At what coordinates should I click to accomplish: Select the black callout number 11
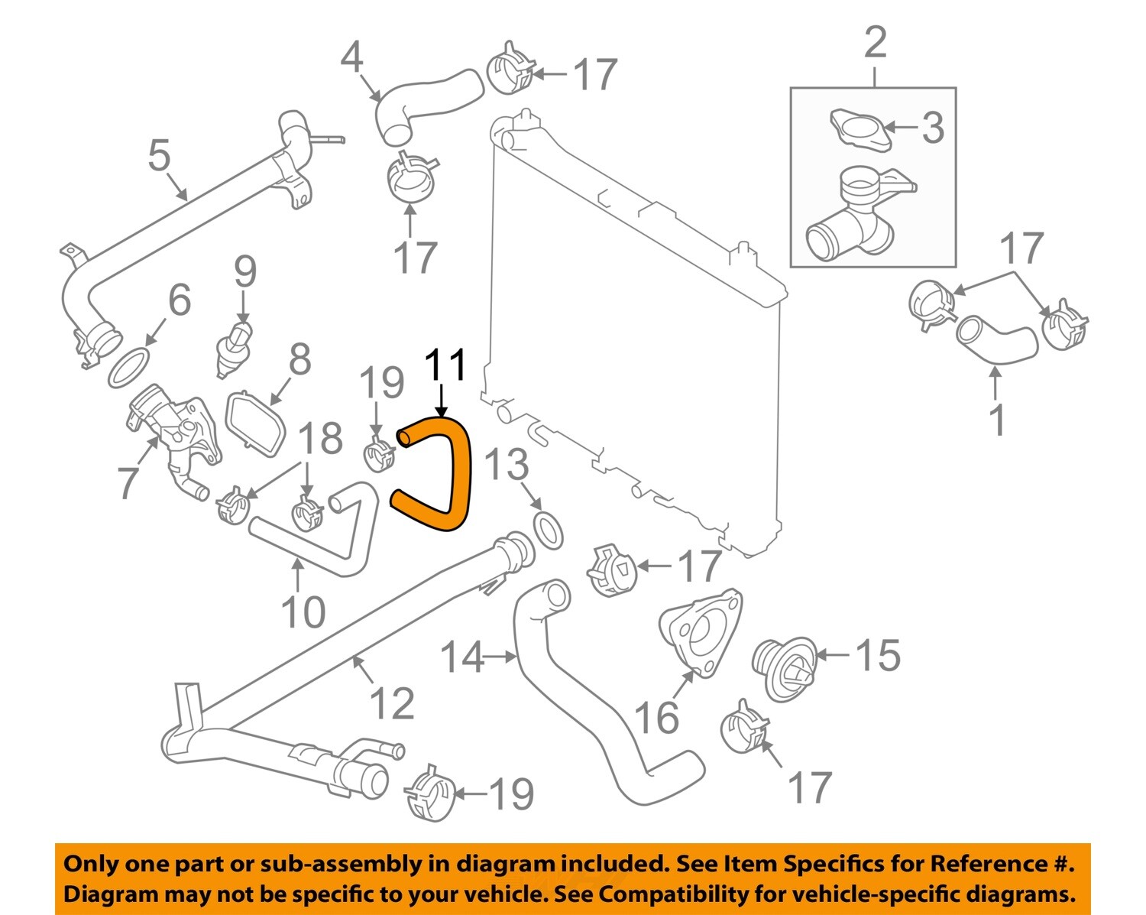click(445, 365)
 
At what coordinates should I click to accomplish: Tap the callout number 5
click(159, 155)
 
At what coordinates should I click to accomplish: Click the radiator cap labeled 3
click(859, 131)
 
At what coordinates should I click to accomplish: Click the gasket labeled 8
click(255, 422)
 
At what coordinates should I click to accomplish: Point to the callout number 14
click(463, 657)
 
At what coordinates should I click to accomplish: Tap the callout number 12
click(392, 704)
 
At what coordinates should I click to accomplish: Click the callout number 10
click(303, 612)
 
